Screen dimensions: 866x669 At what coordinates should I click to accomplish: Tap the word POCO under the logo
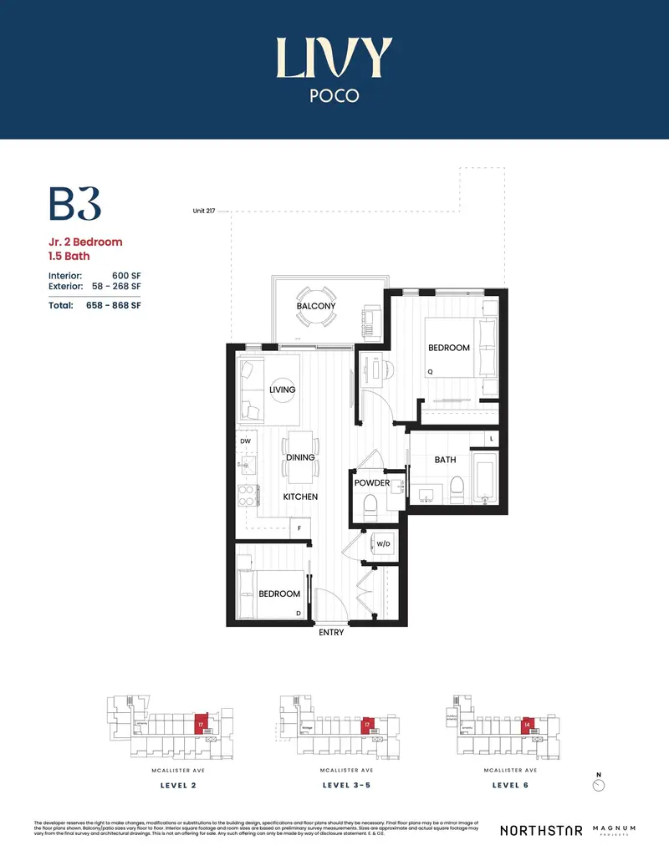[334, 95]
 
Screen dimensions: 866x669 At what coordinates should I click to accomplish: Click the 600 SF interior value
[125, 274]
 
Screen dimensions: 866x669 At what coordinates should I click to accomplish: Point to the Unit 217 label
[205, 211]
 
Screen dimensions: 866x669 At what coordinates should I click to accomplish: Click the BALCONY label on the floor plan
[316, 306]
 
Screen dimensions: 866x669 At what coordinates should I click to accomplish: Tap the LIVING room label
[282, 390]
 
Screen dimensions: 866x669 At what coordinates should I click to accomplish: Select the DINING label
[300, 457]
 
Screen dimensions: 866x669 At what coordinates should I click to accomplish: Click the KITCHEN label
[300, 497]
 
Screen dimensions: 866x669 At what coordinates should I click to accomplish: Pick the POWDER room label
[372, 483]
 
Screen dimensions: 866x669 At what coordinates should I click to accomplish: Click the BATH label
[445, 460]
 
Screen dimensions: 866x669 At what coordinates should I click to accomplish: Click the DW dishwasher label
[245, 441]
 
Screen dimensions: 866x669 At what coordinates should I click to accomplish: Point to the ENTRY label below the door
[331, 633]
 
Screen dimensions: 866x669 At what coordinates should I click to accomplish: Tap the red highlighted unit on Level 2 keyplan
[200, 725]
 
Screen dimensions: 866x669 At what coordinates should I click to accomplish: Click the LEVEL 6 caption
[510, 786]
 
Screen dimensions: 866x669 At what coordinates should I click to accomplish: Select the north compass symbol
[597, 785]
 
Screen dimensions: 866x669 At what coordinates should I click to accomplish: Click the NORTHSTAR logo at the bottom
[540, 830]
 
